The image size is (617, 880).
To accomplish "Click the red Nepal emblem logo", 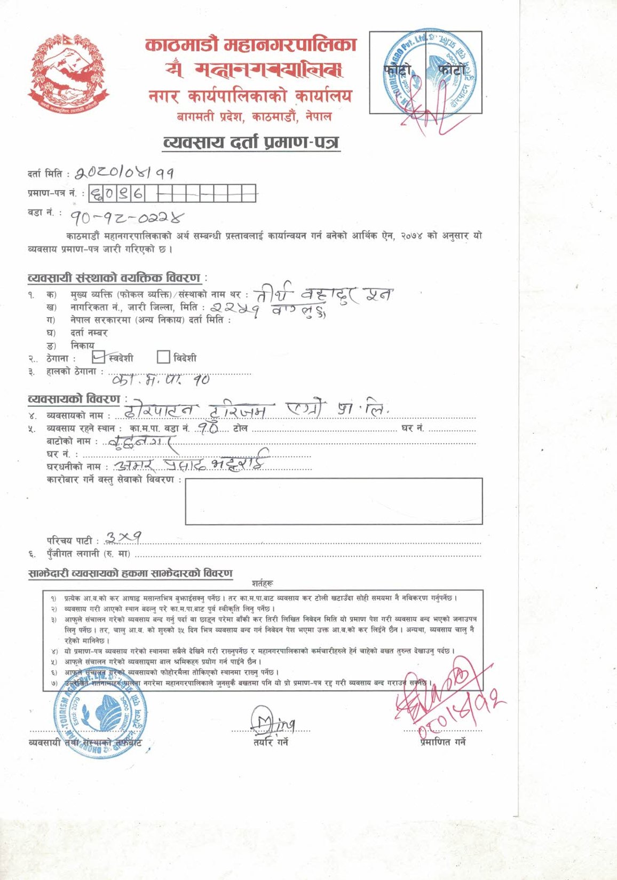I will [x=68, y=74].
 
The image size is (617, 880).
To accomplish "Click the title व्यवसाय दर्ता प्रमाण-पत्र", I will [x=251, y=143].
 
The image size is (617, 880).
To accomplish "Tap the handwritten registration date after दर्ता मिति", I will [x=124, y=172].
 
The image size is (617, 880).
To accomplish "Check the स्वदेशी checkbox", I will [x=99, y=357].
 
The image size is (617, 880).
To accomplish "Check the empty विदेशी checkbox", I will [x=163, y=357].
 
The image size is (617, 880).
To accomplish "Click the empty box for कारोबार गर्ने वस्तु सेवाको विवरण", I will [x=334, y=501].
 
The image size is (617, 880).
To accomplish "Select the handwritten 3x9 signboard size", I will [x=123, y=537].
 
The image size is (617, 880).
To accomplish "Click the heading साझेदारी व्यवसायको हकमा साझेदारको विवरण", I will [x=130, y=573].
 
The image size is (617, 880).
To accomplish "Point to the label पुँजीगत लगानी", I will [x=88, y=554].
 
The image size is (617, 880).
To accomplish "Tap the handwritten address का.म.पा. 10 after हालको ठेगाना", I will [x=161, y=380].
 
